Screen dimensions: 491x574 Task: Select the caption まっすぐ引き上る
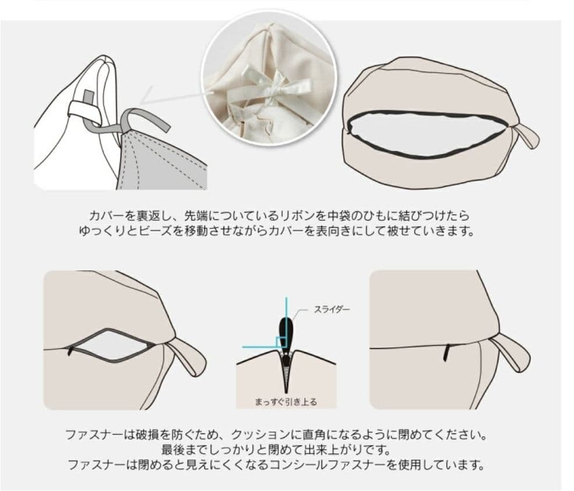pos(286,401)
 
